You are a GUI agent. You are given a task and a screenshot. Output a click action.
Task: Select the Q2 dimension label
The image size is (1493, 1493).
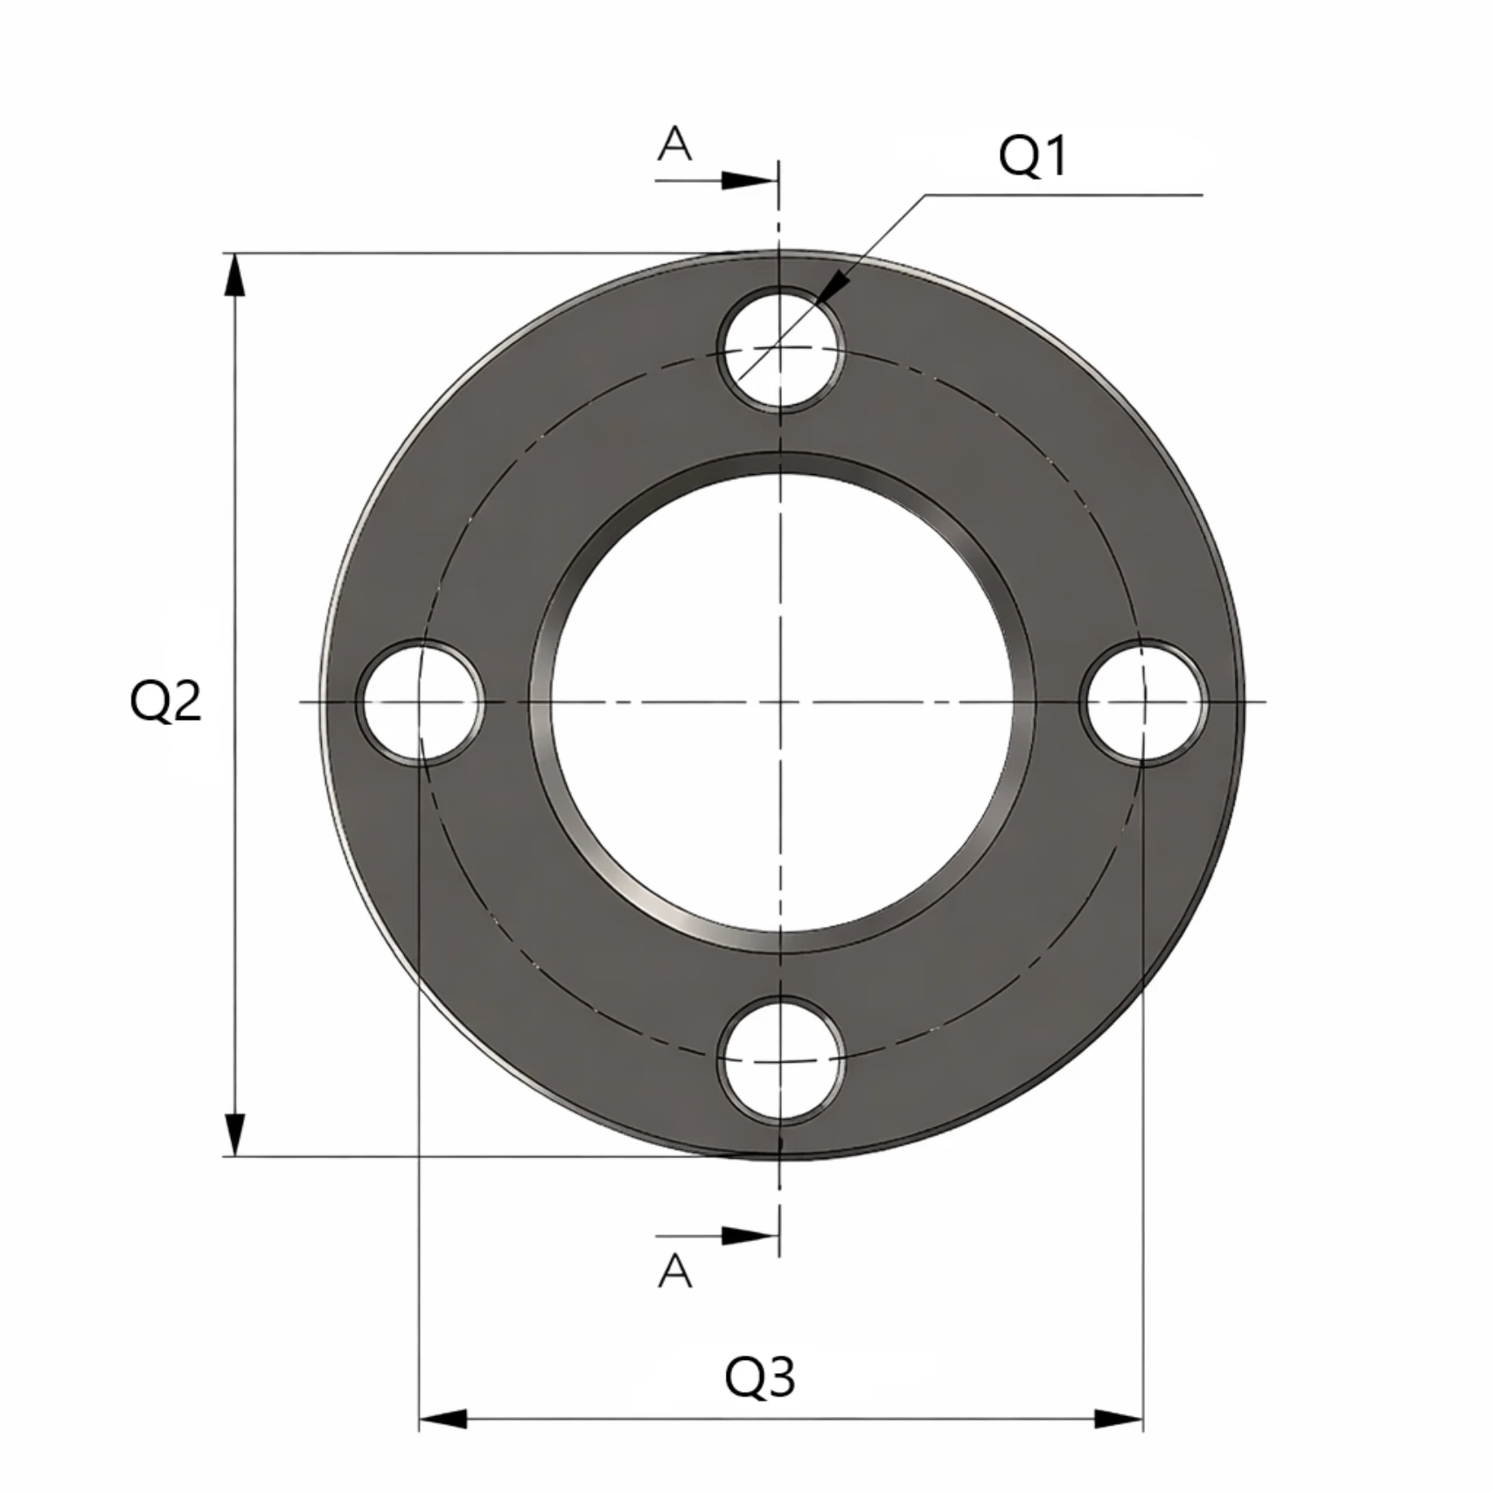(x=165, y=701)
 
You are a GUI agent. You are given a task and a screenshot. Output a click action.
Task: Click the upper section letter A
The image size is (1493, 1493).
(x=674, y=143)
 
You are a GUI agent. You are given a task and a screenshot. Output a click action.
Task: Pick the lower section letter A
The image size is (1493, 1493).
(x=674, y=1272)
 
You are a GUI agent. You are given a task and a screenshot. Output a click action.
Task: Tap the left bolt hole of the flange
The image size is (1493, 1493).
(x=420, y=702)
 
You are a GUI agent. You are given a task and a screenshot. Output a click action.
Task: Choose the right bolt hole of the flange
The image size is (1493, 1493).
(x=1144, y=702)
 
